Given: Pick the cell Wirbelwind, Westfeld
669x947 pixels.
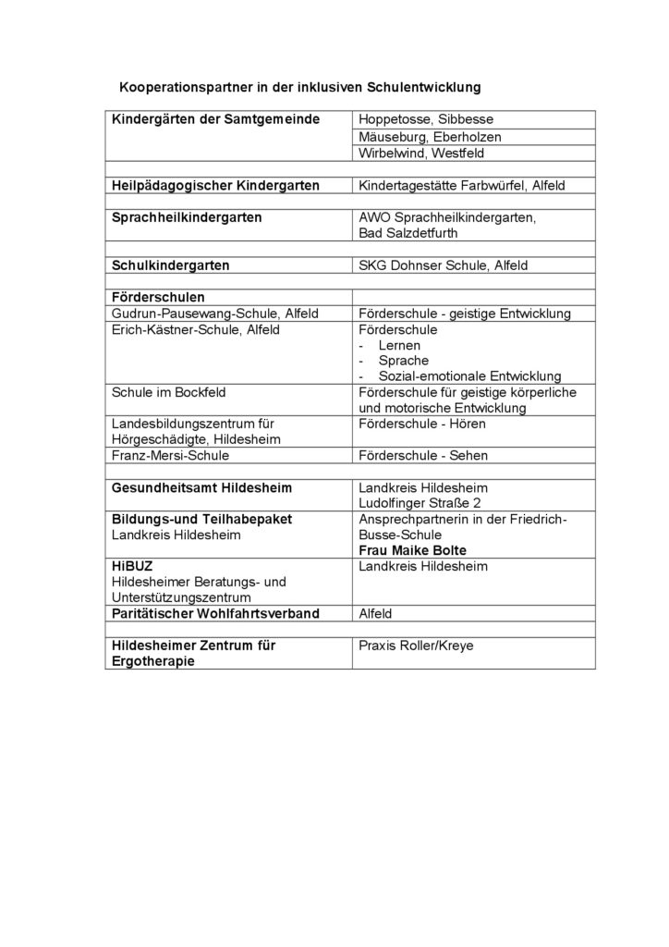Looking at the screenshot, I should (x=420, y=154).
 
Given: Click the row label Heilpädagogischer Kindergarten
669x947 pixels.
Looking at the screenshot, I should (x=215, y=186).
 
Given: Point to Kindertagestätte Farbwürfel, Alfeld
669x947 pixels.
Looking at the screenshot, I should (x=461, y=186).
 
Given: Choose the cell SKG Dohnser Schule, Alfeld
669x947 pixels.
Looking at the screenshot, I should (x=443, y=265).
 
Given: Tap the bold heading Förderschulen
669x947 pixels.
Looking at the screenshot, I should (x=158, y=298).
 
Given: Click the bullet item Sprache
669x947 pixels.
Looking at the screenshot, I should (x=397, y=360).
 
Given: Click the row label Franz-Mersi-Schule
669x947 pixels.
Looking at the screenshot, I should (x=170, y=455).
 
